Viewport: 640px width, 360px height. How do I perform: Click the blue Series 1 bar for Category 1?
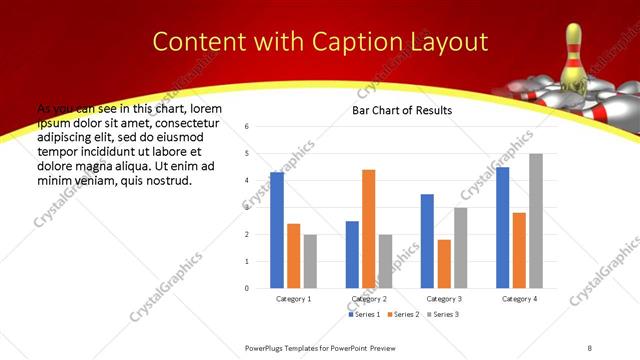277,230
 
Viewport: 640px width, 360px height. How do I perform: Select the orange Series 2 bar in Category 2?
368,229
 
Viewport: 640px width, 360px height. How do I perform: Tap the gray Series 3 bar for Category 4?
536,221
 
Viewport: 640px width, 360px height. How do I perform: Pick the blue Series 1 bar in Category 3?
427,241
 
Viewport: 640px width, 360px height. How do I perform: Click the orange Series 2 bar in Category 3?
444,264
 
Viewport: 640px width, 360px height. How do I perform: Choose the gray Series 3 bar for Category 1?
310,261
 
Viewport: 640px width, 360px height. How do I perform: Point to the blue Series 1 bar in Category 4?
502,228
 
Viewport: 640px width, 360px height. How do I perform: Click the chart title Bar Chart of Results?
402,110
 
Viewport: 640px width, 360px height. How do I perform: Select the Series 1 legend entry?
365,314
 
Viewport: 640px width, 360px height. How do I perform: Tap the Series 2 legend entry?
402,314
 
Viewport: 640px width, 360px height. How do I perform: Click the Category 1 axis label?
293,299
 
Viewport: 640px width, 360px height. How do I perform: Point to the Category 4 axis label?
519,299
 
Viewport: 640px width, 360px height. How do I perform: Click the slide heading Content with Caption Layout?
320,41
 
